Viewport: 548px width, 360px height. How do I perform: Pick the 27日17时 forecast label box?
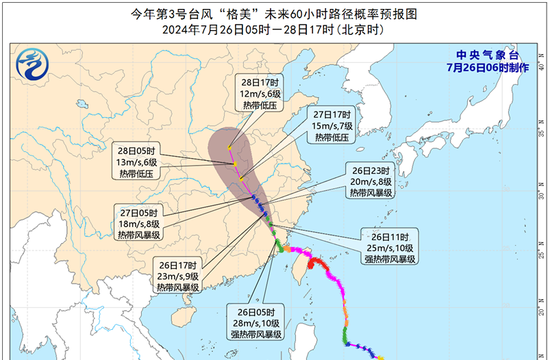[332, 126]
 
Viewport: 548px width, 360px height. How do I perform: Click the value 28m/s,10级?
[256, 323]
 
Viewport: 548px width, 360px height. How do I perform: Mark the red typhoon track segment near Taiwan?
[317, 263]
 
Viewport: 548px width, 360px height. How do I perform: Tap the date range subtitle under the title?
[273, 30]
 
